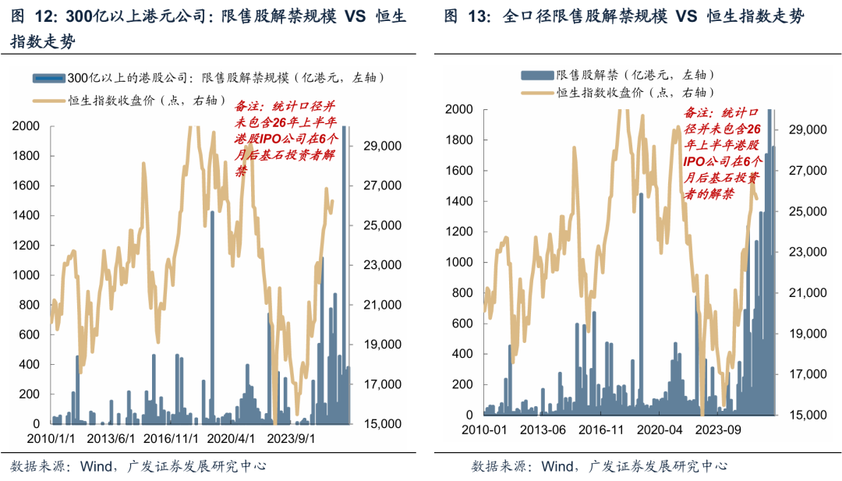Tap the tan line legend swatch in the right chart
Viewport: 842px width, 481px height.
click(x=537, y=92)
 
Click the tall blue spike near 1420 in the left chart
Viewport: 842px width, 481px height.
click(x=212, y=312)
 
